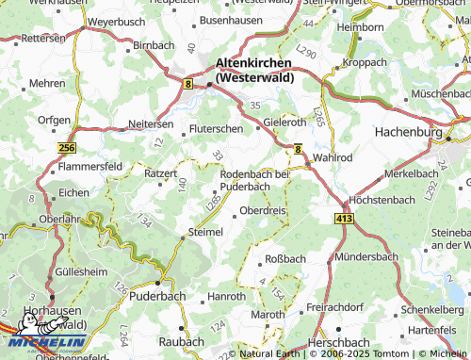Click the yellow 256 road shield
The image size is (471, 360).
[x=66, y=149]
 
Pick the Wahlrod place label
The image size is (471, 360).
[x=332, y=157]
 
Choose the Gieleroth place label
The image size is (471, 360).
[x=285, y=123]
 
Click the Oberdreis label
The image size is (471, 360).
[x=264, y=211]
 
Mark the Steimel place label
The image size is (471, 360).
[x=205, y=232]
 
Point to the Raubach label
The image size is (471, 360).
[x=183, y=340]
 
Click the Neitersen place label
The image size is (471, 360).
[x=151, y=123]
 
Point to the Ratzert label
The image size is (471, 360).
[x=160, y=173]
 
